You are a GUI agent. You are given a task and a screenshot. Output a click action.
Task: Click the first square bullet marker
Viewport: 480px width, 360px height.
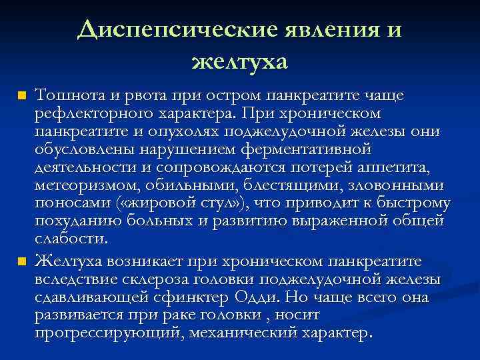[x=22, y=97]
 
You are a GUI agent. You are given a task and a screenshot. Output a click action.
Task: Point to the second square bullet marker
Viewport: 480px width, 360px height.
[x=22, y=260]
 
